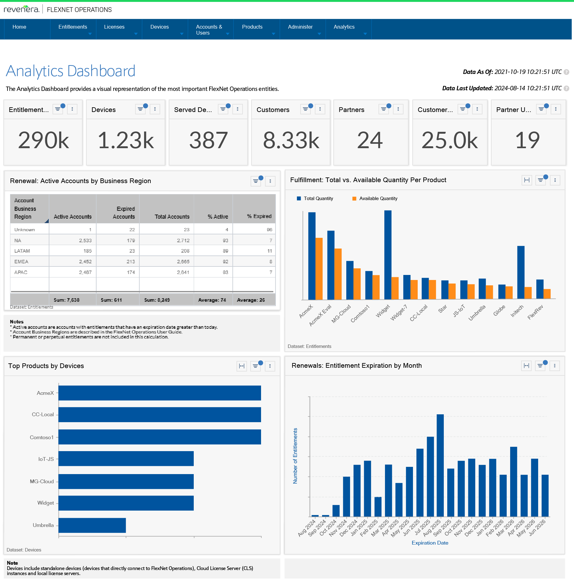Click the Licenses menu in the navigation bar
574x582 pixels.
click(x=114, y=27)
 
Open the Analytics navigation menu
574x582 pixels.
click(x=344, y=27)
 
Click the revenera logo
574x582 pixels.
click(x=21, y=9)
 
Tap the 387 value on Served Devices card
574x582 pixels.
click(x=208, y=141)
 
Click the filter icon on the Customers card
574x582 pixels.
click(x=305, y=109)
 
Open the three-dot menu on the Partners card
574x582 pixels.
click(x=398, y=109)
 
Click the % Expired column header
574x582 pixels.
click(x=259, y=216)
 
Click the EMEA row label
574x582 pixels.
click(x=21, y=262)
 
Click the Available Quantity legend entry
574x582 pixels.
click(x=378, y=199)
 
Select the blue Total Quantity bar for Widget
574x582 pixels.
click(x=388, y=255)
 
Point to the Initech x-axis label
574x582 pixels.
click(x=517, y=311)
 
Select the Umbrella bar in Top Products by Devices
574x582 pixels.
click(x=92, y=525)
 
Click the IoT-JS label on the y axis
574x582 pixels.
click(x=46, y=459)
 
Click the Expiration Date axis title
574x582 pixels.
click(x=430, y=543)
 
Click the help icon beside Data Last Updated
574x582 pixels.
click(x=566, y=88)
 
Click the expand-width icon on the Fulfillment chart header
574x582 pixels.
click(x=527, y=180)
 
